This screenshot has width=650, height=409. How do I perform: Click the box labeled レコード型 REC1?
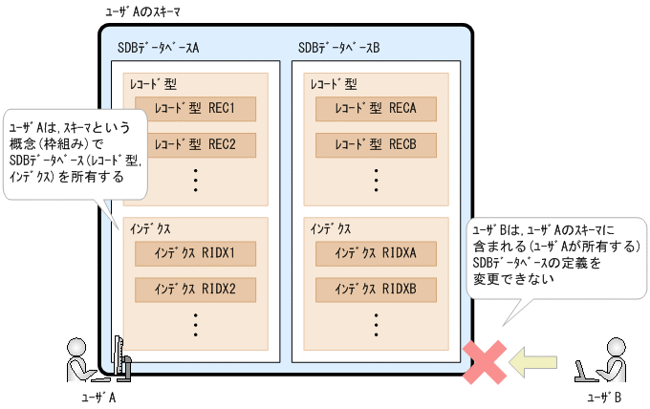[196, 108]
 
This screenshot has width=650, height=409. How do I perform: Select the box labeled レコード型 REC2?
[196, 145]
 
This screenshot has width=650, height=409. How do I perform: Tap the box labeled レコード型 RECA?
[377, 108]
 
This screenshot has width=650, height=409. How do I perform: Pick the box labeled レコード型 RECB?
[377, 145]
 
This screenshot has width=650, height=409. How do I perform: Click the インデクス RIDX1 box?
[196, 252]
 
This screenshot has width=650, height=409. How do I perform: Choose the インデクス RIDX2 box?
[196, 289]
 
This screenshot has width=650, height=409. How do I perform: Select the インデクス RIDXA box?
[377, 252]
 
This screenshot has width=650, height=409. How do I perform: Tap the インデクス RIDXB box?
[377, 289]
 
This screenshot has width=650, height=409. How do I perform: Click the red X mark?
[485, 361]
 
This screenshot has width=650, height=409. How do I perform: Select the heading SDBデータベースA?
[163, 47]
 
